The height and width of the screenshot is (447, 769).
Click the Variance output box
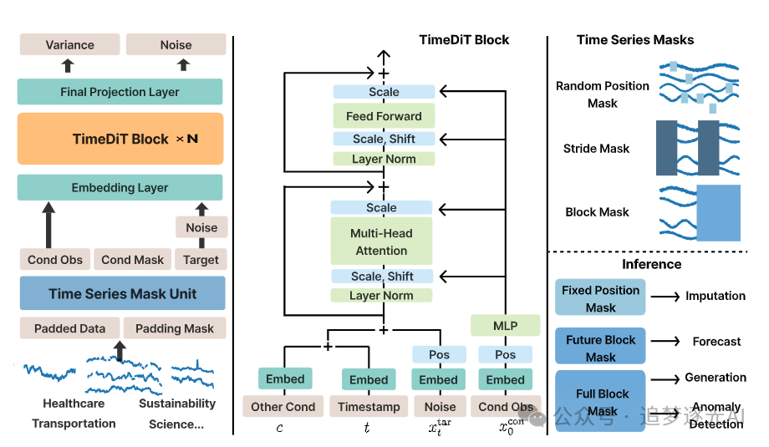coord(69,45)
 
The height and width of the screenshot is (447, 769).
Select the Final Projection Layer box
coord(120,92)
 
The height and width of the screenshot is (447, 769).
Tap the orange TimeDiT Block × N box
coord(120,139)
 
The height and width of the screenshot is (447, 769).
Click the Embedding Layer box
coord(120,188)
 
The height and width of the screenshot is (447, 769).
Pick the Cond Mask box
coord(133,260)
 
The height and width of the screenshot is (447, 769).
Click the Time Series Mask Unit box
coord(122,293)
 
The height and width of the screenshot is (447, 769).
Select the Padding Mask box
coord(175,328)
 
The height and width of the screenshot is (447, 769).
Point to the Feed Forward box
coord(384,116)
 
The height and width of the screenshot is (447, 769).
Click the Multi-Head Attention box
coord(381,241)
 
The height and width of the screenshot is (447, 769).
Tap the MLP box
coord(505,326)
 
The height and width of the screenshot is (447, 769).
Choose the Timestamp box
coord(369,407)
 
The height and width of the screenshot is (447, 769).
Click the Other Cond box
coord(283,407)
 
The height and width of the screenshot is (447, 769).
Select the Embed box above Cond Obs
coord(506,379)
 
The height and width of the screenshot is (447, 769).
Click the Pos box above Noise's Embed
coord(439,354)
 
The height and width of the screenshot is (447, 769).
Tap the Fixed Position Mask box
coord(600,298)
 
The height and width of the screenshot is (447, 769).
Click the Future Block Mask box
coord(600,348)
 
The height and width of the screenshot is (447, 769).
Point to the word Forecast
coord(716,341)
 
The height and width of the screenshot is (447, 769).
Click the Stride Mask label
coord(596,149)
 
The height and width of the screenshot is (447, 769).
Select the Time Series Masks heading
coord(635,39)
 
